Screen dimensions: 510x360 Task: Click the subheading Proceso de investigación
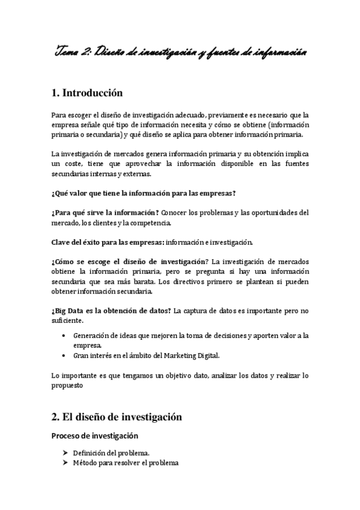(94, 435)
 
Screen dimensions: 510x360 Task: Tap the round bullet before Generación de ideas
(64, 335)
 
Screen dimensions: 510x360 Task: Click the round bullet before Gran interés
(64, 355)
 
